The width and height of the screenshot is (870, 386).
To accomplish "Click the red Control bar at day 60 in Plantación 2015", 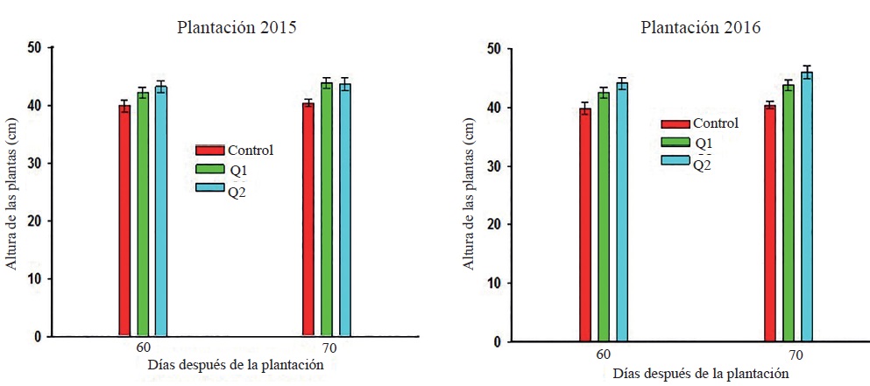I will click(x=124, y=221).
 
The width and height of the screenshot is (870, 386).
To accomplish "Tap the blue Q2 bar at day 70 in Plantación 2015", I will click(x=345, y=210).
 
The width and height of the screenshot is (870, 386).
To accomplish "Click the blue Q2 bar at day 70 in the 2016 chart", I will click(x=806, y=207).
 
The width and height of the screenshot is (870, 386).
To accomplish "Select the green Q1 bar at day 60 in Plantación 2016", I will click(x=604, y=217).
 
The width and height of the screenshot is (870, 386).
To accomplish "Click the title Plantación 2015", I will click(x=237, y=27).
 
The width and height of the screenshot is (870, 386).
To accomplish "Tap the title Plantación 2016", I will click(x=701, y=27).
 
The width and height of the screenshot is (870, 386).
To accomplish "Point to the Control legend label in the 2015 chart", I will click(x=250, y=150).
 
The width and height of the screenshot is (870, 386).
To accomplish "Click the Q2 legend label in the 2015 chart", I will click(x=237, y=193).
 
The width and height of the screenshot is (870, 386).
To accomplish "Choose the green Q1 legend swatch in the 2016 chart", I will click(x=675, y=143).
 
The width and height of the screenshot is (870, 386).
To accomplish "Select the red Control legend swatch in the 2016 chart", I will click(x=675, y=124).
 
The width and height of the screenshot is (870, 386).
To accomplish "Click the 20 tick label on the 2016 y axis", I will click(x=496, y=224).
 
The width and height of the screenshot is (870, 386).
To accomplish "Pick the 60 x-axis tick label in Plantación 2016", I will click(x=604, y=354).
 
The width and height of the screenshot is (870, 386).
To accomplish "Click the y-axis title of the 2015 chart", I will click(x=12, y=192).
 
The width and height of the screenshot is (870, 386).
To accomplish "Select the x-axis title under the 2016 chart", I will click(x=701, y=374).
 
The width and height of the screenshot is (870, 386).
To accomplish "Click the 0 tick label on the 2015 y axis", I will click(x=37, y=336).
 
